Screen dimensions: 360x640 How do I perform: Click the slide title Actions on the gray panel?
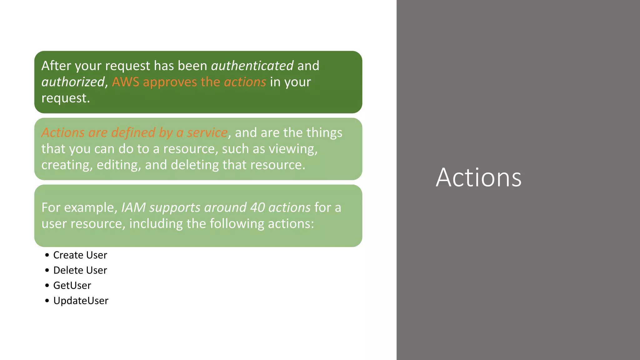pyautogui.click(x=478, y=177)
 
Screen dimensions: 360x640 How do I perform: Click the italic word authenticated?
pyautogui.click(x=252, y=66)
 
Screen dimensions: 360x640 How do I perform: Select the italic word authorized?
pyautogui.click(x=73, y=82)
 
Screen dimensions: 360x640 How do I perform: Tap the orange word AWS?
pyautogui.click(x=125, y=82)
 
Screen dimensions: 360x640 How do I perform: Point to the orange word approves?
pyautogui.click(x=170, y=82)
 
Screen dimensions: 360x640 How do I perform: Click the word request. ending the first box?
pyautogui.click(x=66, y=98)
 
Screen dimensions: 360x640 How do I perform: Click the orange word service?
pyautogui.click(x=207, y=133)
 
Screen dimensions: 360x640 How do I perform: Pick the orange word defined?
pyautogui.click(x=133, y=133)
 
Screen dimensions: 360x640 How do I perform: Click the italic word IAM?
pyautogui.click(x=133, y=208)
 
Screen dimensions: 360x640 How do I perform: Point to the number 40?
pyautogui.click(x=257, y=208)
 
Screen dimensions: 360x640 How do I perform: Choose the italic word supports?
pyautogui.click(x=175, y=208)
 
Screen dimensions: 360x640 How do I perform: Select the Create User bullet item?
pyautogui.click(x=80, y=255)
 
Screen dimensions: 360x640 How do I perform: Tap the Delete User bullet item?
pyautogui.click(x=80, y=270)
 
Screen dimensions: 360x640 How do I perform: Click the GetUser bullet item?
pyautogui.click(x=72, y=286)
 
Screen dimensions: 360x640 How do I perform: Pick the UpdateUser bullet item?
pyautogui.click(x=81, y=301)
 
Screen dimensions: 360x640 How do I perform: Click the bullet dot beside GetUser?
pyautogui.click(x=47, y=286)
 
